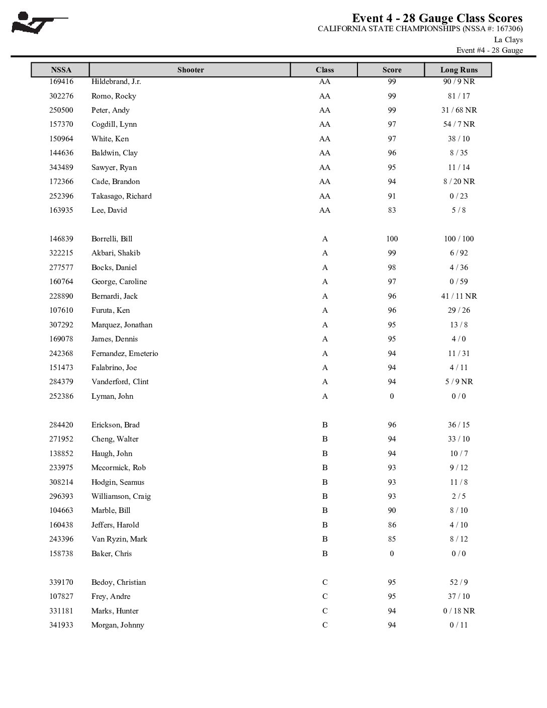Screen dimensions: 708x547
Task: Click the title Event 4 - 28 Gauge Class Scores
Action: [437, 19]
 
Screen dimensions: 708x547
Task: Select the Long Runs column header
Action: [459, 70]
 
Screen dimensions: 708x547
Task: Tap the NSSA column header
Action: [61, 70]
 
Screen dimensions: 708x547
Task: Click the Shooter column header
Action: [191, 70]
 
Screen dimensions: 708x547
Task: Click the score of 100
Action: [392, 239]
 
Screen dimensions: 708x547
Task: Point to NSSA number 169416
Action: [61, 81]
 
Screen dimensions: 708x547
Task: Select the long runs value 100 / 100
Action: [459, 239]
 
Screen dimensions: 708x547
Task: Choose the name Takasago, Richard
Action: [121, 196]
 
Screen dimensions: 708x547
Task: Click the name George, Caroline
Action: [119, 282]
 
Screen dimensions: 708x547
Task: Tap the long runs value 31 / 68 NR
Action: [459, 110]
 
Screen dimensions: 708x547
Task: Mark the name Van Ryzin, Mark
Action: [119, 539]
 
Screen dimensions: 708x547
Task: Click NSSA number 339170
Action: [61, 582]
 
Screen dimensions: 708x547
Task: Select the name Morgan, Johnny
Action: [118, 625]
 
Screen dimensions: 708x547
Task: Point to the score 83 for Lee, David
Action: [392, 210]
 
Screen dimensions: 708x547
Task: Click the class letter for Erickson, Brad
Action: [325, 425]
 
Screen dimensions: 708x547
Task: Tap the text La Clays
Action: [508, 40]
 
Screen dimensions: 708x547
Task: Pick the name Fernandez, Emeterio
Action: [125, 353]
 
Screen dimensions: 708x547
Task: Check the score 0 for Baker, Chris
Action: [392, 554]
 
